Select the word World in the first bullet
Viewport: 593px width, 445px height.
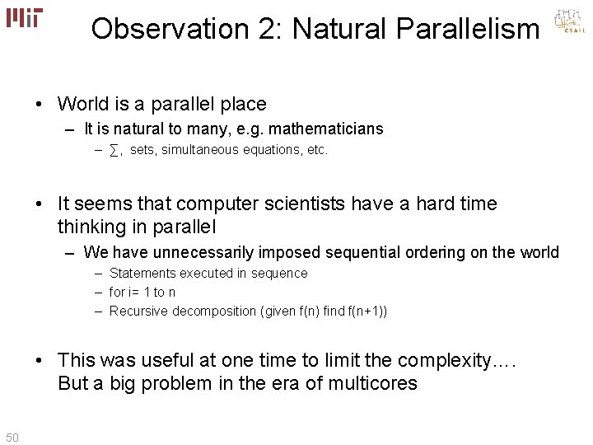[83, 105]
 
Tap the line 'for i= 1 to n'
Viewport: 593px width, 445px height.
[142, 292]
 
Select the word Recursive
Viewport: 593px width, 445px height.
[138, 311]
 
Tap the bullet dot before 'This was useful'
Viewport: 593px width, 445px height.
[40, 360]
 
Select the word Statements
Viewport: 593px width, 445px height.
[142, 273]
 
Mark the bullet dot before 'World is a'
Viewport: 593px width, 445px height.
[40, 105]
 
